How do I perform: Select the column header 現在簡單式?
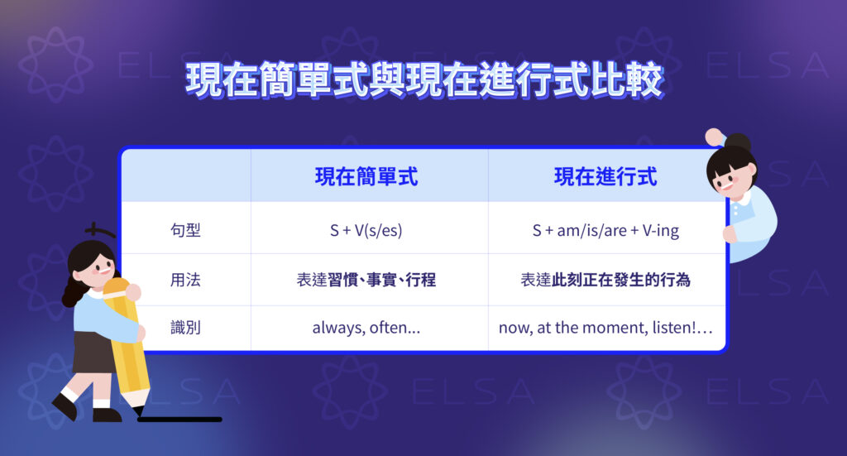click(x=366, y=177)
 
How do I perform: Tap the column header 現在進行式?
click(x=606, y=177)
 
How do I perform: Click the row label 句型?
click(x=184, y=230)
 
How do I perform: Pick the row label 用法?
click(x=184, y=280)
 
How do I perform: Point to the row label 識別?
click(x=184, y=328)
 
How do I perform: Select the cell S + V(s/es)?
click(x=366, y=231)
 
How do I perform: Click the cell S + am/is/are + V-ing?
click(x=606, y=231)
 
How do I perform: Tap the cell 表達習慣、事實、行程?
click(x=366, y=280)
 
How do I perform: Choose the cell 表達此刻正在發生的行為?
click(x=606, y=280)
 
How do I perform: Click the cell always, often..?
click(x=366, y=329)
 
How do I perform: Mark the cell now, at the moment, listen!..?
click(x=606, y=329)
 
